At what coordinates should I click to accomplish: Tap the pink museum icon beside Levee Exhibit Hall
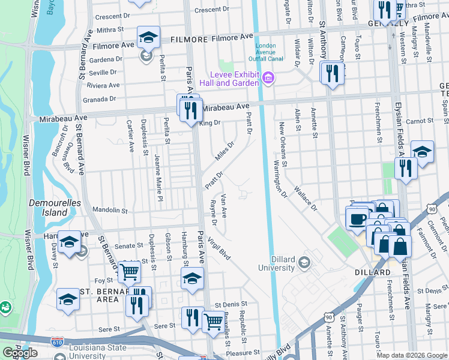[x=268, y=77]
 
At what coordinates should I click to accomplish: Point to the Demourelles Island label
[x=55, y=208]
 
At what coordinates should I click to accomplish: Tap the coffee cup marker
[x=359, y=218]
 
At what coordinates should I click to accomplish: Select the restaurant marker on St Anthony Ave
[x=331, y=74]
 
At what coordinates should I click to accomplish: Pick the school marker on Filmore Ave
[x=148, y=38]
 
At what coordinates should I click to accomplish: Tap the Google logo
[x=20, y=353]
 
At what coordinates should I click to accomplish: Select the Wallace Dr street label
[x=305, y=199]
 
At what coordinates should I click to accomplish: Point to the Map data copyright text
[x=412, y=355]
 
